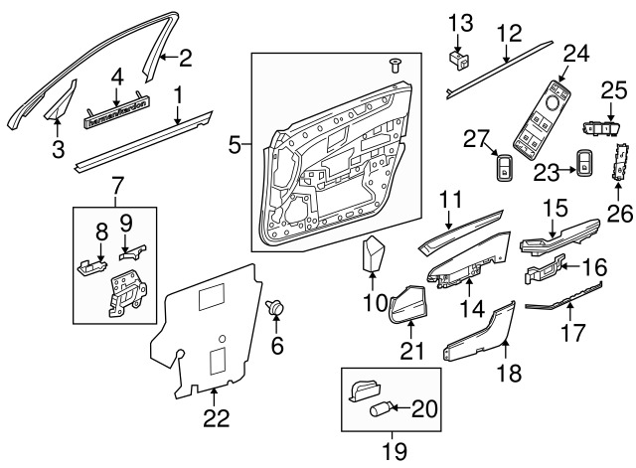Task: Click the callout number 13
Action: tap(460, 22)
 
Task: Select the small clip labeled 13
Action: tap(460, 59)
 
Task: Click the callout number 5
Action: tap(235, 146)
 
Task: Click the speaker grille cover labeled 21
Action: tap(404, 305)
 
